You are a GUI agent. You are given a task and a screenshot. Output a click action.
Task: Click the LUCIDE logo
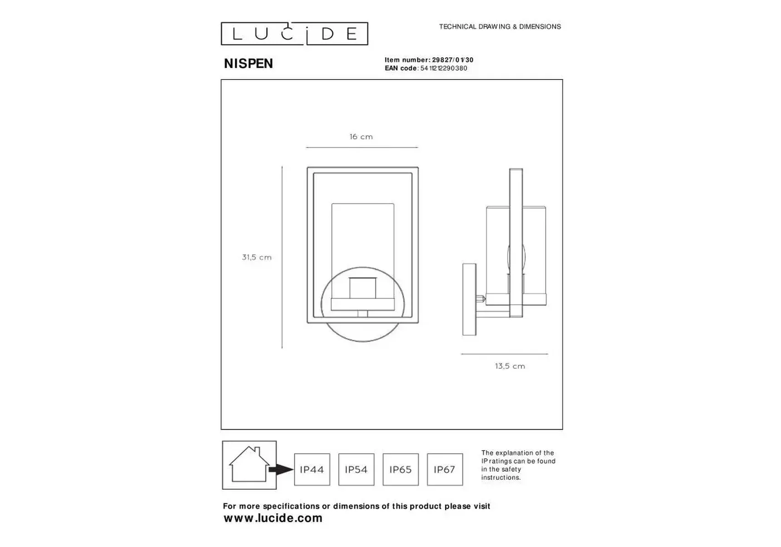(294, 34)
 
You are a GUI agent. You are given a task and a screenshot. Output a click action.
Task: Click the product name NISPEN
(248, 64)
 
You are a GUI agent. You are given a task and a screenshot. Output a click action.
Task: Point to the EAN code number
(444, 68)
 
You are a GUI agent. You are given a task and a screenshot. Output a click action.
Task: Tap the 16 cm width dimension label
(361, 137)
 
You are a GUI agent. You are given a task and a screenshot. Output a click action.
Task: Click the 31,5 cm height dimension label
(257, 257)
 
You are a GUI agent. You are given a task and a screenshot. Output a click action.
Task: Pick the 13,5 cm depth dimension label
(510, 366)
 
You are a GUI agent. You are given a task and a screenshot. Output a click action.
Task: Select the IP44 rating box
(312, 469)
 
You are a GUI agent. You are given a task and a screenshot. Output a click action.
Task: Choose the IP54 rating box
(356, 469)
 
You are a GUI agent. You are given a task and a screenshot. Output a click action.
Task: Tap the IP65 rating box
(400, 469)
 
